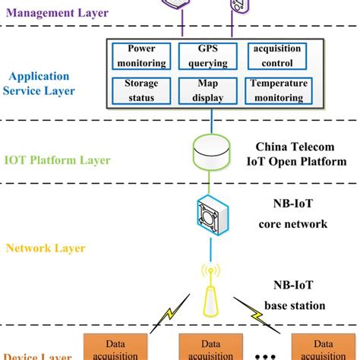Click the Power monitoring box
(141, 55)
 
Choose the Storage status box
(141, 90)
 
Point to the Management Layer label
(58, 13)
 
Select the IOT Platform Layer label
(58, 160)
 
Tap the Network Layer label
(45, 248)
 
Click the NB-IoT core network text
(292, 215)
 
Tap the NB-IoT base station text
(292, 296)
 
